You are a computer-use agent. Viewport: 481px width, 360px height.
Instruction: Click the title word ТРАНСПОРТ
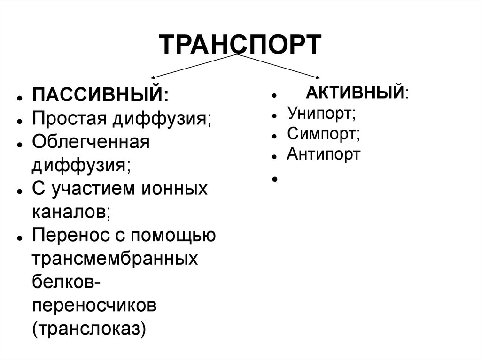(240, 45)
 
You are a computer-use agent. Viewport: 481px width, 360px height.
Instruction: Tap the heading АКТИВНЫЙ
(356, 92)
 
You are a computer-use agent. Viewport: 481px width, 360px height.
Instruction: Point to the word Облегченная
(91, 142)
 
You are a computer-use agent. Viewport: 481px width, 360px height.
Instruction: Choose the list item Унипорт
(321, 113)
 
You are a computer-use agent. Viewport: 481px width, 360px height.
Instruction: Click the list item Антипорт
(324, 154)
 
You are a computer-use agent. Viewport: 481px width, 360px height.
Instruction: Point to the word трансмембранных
(115, 259)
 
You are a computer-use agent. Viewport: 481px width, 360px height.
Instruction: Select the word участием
(88, 189)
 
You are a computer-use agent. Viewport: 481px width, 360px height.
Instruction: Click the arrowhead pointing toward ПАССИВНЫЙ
(153, 77)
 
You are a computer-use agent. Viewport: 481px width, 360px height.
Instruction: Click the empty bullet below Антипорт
(273, 179)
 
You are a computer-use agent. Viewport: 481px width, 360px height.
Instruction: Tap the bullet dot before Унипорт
(273, 115)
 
